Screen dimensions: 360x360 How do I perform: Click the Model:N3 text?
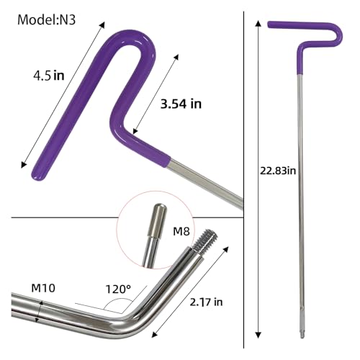pyautogui.click(x=47, y=19)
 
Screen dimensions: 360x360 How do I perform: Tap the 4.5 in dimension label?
pyautogui.click(x=49, y=76)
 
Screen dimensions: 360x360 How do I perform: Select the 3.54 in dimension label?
pyautogui.click(x=181, y=104)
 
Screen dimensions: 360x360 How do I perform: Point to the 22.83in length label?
pyautogui.click(x=278, y=171)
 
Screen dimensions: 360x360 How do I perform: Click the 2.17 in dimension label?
pyautogui.click(x=206, y=302)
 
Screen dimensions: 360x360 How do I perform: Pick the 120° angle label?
pyautogui.click(x=118, y=289)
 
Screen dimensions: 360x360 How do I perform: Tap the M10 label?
pyautogui.click(x=43, y=288)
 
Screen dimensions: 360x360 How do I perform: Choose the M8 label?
pyautogui.click(x=181, y=231)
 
